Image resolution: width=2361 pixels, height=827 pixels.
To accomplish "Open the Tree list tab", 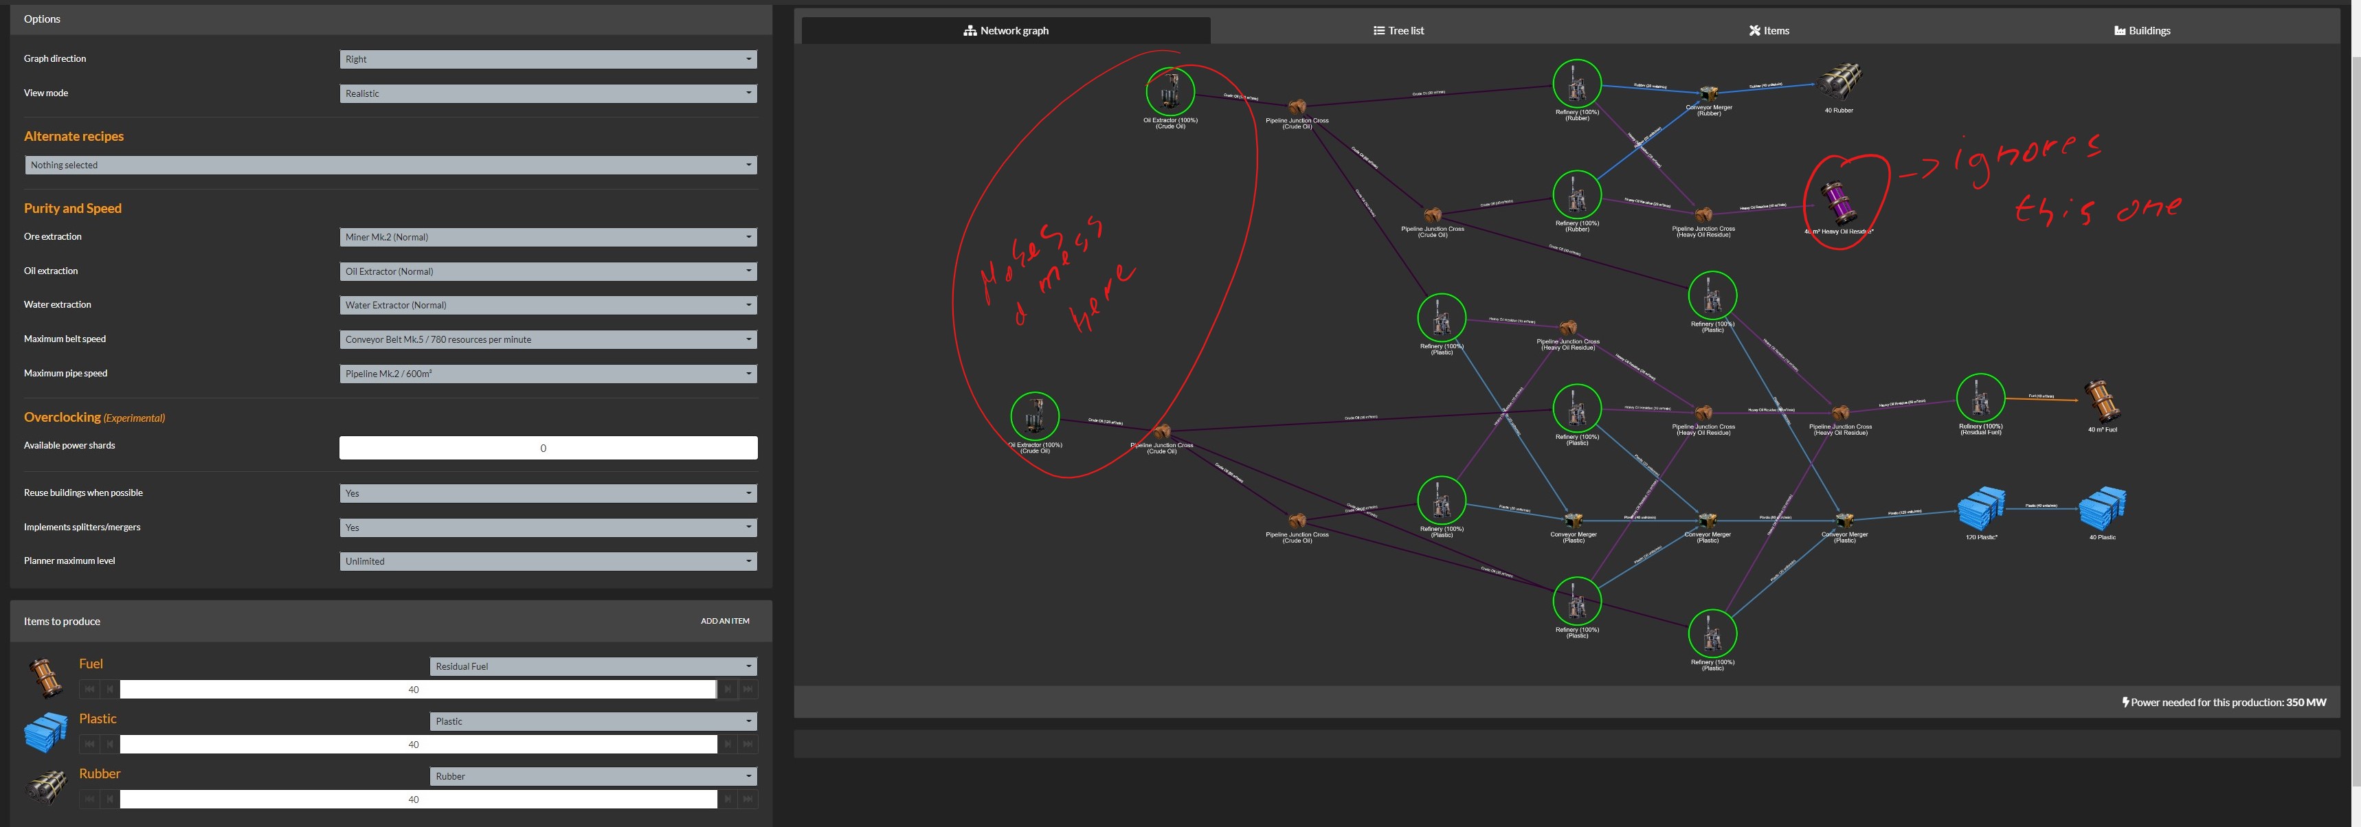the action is tap(1398, 30).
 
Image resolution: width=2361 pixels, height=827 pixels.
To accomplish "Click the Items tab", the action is tap(1768, 30).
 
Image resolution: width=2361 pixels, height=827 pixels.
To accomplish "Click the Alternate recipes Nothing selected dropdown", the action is tap(390, 165).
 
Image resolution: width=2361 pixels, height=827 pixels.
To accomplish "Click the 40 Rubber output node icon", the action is tap(1839, 82).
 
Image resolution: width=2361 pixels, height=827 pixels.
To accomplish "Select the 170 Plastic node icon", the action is tap(1980, 508).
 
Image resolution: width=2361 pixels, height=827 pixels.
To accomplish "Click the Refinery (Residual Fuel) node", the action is tap(1980, 398).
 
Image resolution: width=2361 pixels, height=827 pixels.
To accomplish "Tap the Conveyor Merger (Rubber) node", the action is tap(1708, 94).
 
